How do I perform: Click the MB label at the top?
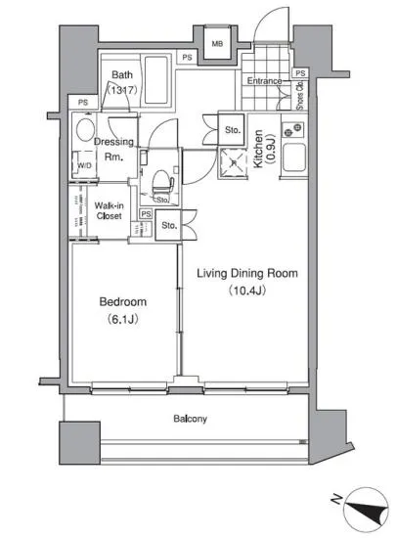coord(217,44)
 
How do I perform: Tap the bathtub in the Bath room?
coord(156,80)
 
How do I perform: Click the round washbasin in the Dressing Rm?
coord(85,130)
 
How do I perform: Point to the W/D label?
coord(85,165)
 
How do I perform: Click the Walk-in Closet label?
coord(110,210)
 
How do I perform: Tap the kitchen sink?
coord(294,157)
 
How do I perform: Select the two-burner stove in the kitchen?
coord(292,130)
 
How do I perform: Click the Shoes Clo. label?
coord(299,96)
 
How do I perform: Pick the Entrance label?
coord(264,81)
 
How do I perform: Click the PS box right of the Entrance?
coord(300,73)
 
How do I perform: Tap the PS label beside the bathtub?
coord(187,58)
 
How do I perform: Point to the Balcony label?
coord(190,419)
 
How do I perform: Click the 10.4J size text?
coord(247,291)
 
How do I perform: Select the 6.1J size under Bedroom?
coord(123,320)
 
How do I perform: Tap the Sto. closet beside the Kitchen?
coord(232,130)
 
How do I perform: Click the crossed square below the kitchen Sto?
coord(234,163)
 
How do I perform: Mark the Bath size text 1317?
coord(123,90)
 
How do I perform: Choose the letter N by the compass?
coord(336,499)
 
